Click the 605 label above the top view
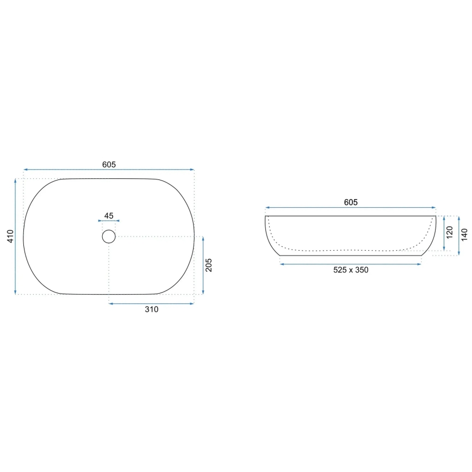pos(109,164)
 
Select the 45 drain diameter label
pos(109,216)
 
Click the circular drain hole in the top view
pos(109,236)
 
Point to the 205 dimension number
pos(209,265)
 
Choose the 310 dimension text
pos(151,310)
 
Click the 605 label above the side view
pos(351,202)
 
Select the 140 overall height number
pos(464,235)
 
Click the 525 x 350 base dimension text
pos(351,270)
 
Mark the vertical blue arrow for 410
pos(15,237)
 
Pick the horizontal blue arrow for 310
pos(151,303)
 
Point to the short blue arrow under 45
pos(109,221)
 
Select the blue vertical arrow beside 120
pos(445,234)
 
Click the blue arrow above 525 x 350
pos(351,264)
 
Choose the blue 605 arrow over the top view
pos(109,170)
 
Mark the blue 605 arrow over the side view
pos(351,208)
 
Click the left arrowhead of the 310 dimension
pos(111,303)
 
